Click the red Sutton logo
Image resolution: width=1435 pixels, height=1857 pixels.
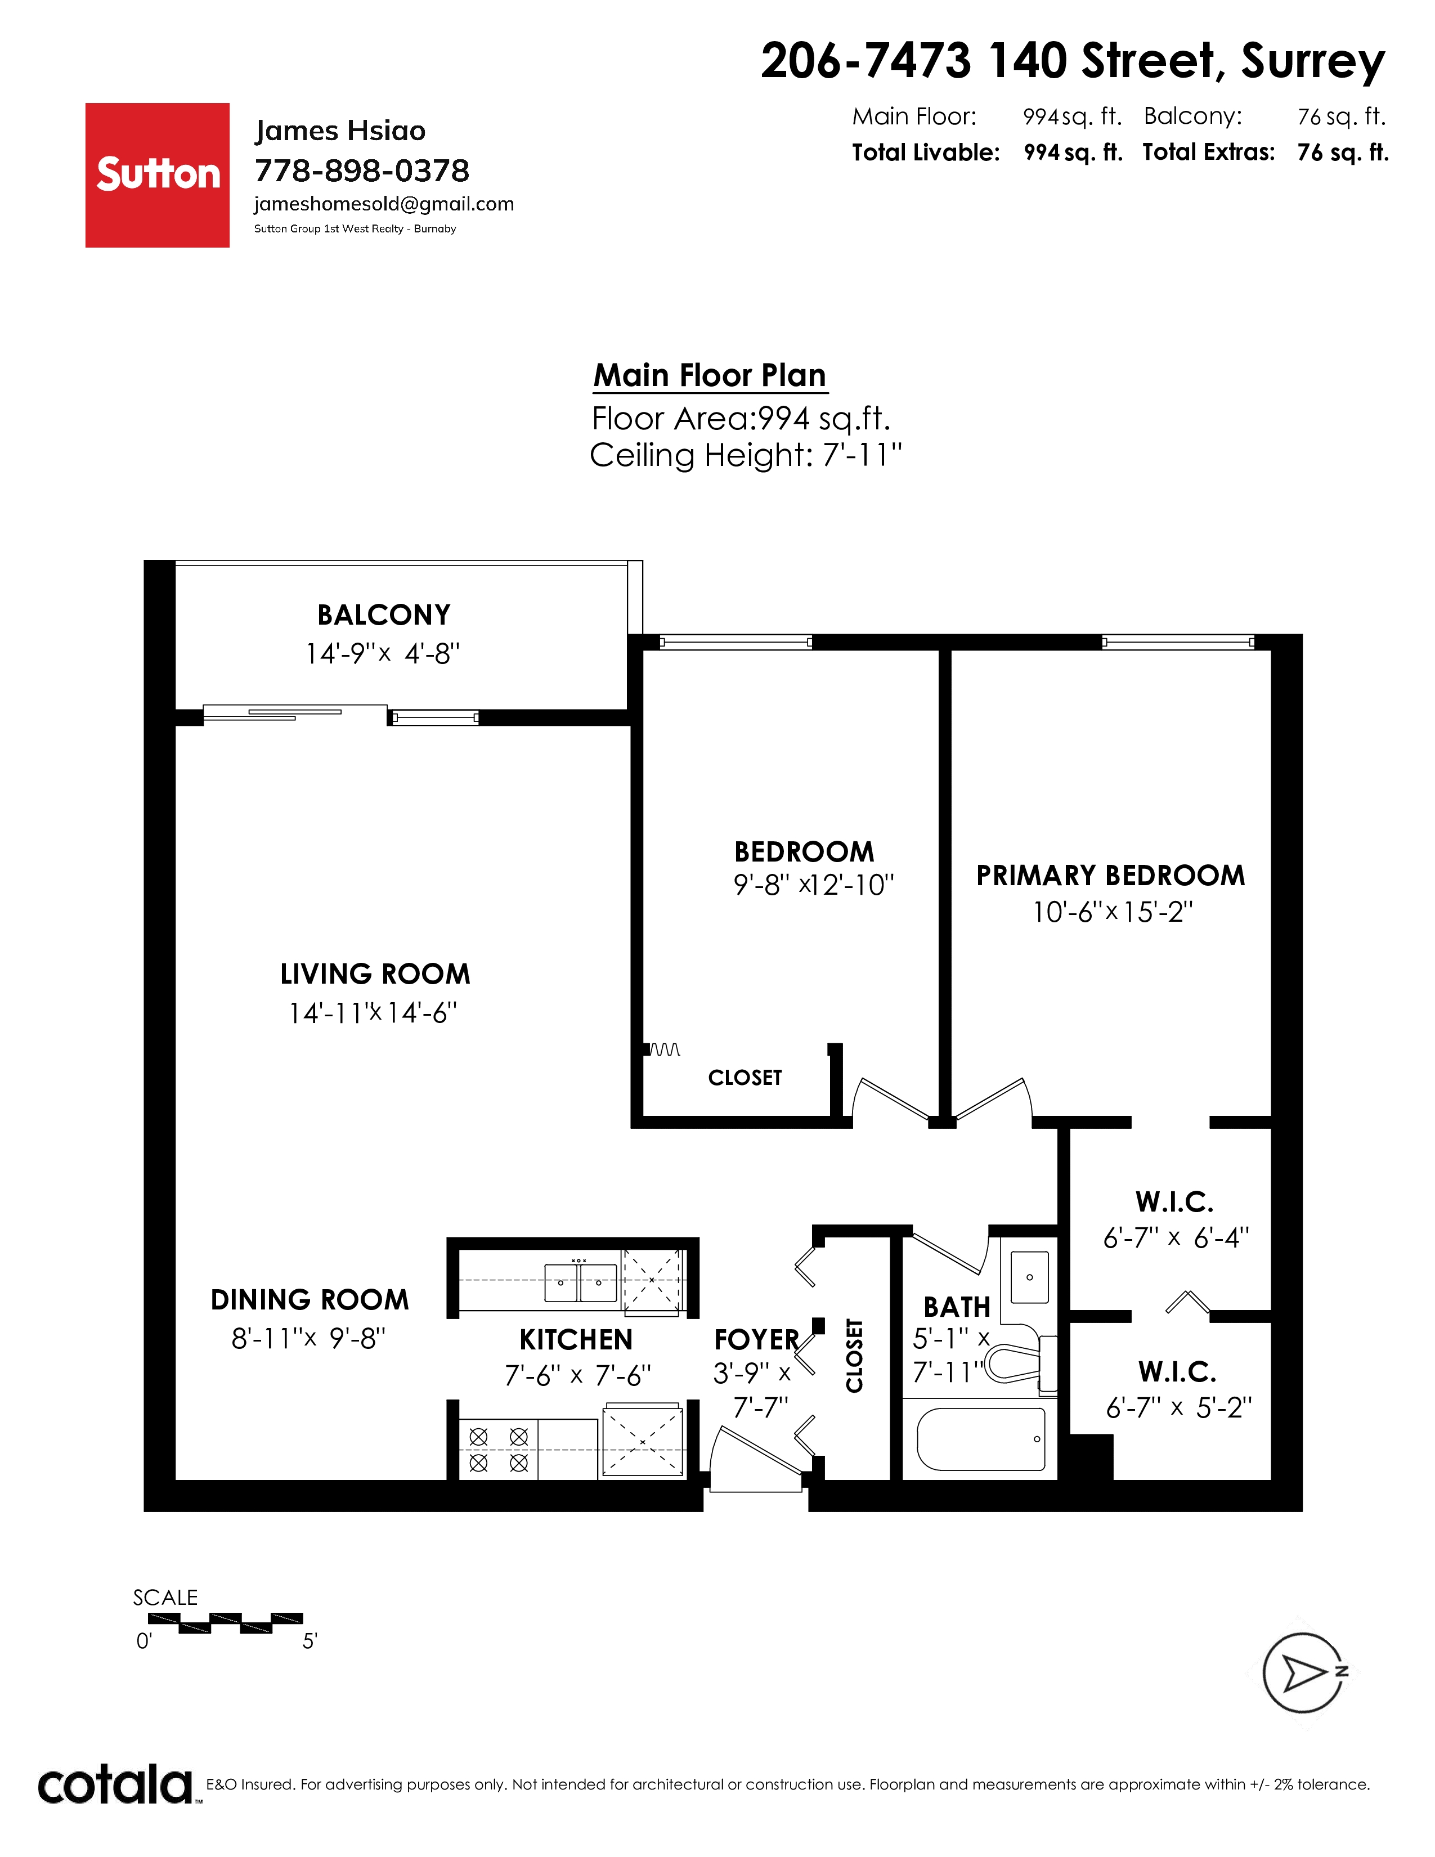(x=157, y=175)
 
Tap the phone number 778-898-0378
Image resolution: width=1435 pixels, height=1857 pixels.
(x=362, y=171)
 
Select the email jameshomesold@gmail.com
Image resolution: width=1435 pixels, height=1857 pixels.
(x=384, y=204)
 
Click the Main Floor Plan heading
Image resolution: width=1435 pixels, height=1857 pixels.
(x=710, y=375)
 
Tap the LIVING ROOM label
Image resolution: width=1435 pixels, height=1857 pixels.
(x=375, y=974)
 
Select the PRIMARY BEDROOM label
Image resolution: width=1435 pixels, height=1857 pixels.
(x=1110, y=875)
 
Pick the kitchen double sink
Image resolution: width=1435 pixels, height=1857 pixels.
(x=581, y=1283)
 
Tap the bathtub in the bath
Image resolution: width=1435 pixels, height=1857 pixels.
(x=981, y=1439)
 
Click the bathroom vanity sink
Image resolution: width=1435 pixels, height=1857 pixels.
(x=1029, y=1277)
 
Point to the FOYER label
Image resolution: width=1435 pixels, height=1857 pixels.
(x=756, y=1340)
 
